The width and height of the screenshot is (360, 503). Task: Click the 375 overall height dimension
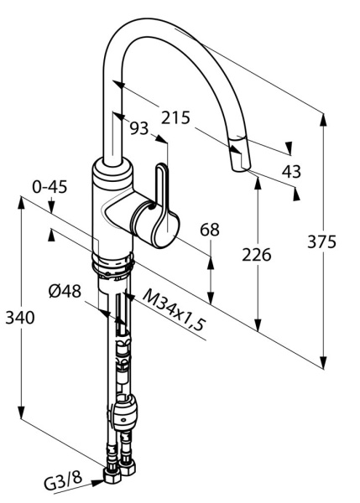[x=321, y=241]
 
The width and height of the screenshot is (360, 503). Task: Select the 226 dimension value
[x=256, y=255]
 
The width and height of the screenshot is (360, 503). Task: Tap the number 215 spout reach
[x=175, y=117]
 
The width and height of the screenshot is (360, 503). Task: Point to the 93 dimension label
[x=139, y=128]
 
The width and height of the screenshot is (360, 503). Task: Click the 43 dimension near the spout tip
[x=291, y=171]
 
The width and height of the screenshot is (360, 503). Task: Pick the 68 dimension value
[x=210, y=230]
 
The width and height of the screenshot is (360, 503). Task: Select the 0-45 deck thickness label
[x=50, y=187]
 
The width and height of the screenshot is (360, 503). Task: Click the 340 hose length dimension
[x=20, y=318]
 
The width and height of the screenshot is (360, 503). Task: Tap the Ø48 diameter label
[x=65, y=291]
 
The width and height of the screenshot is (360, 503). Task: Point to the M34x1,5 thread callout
[x=174, y=309]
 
